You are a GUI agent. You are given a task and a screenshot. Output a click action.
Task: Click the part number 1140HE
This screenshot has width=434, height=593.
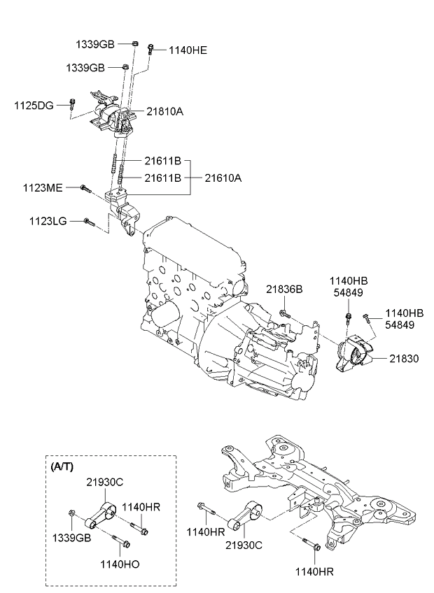click(187, 50)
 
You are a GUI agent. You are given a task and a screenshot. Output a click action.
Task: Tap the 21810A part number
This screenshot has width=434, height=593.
click(164, 111)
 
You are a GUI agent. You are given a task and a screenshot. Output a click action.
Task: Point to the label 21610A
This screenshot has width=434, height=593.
click(223, 178)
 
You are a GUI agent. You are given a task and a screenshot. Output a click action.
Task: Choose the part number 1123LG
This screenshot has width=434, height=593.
click(48, 221)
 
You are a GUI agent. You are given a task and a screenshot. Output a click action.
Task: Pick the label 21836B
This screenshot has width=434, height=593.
click(283, 289)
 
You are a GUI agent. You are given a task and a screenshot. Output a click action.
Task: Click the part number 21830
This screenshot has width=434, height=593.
click(404, 358)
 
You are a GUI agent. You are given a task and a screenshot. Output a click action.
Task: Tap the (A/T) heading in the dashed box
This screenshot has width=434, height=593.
click(62, 465)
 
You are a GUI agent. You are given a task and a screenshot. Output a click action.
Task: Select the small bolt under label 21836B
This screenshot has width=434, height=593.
click(283, 313)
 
